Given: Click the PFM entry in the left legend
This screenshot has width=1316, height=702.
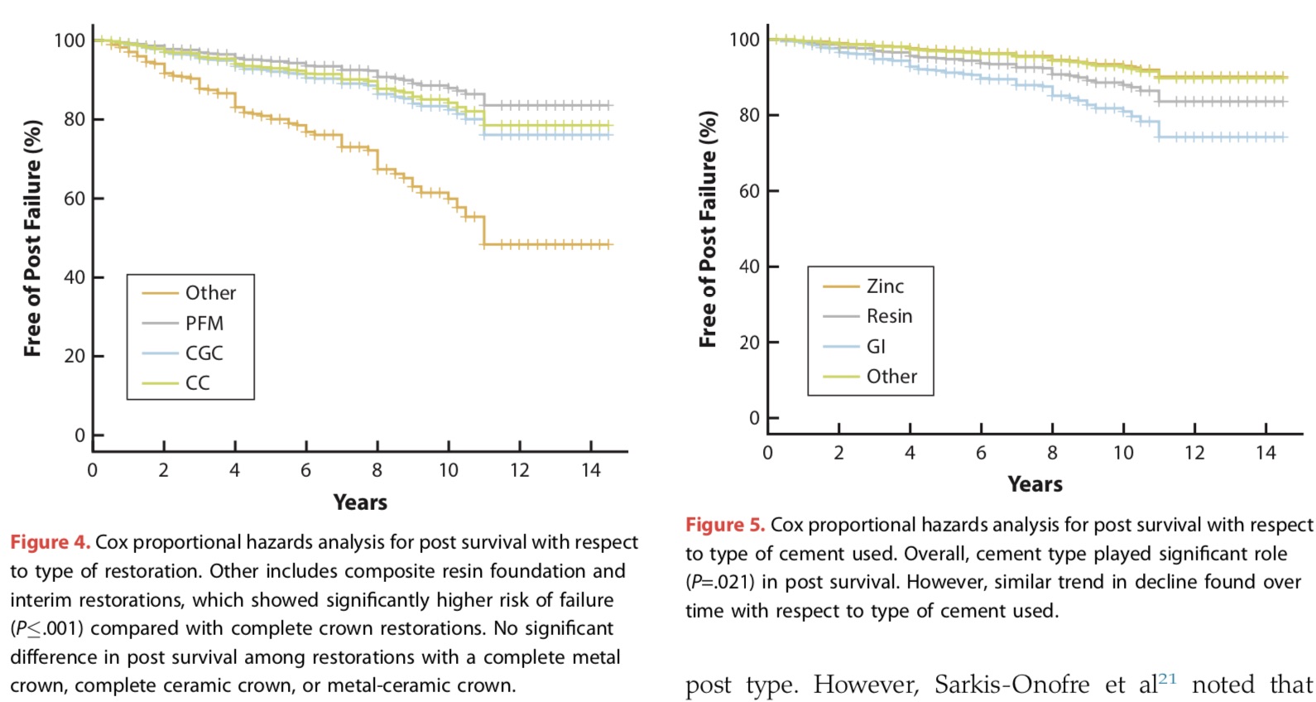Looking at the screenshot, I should (x=204, y=323).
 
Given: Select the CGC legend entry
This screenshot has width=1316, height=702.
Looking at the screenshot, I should (x=204, y=353).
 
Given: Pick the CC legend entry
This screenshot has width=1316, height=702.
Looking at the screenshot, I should (x=197, y=382).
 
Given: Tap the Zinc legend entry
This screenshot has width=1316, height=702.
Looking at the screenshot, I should (x=885, y=286).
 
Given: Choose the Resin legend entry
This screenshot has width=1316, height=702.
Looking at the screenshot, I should (x=889, y=316).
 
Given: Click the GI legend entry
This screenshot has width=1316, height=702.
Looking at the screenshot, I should (x=876, y=346).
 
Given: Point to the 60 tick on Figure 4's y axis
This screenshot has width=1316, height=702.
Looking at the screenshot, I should (x=74, y=198).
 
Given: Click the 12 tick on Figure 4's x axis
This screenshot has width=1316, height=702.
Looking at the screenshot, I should (x=519, y=470).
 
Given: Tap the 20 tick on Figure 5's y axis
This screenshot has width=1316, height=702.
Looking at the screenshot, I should (x=749, y=342).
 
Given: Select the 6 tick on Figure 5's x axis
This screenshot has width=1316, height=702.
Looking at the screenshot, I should (x=981, y=453).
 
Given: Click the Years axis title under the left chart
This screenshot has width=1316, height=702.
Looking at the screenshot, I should (x=360, y=502).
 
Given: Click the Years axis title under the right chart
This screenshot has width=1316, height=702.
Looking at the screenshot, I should (x=1035, y=484).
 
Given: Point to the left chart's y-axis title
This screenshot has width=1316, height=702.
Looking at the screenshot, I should (x=32, y=238).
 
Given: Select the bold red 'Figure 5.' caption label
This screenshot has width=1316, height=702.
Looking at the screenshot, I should (x=725, y=525).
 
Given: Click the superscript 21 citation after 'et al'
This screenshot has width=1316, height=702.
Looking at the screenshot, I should (x=1167, y=679).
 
